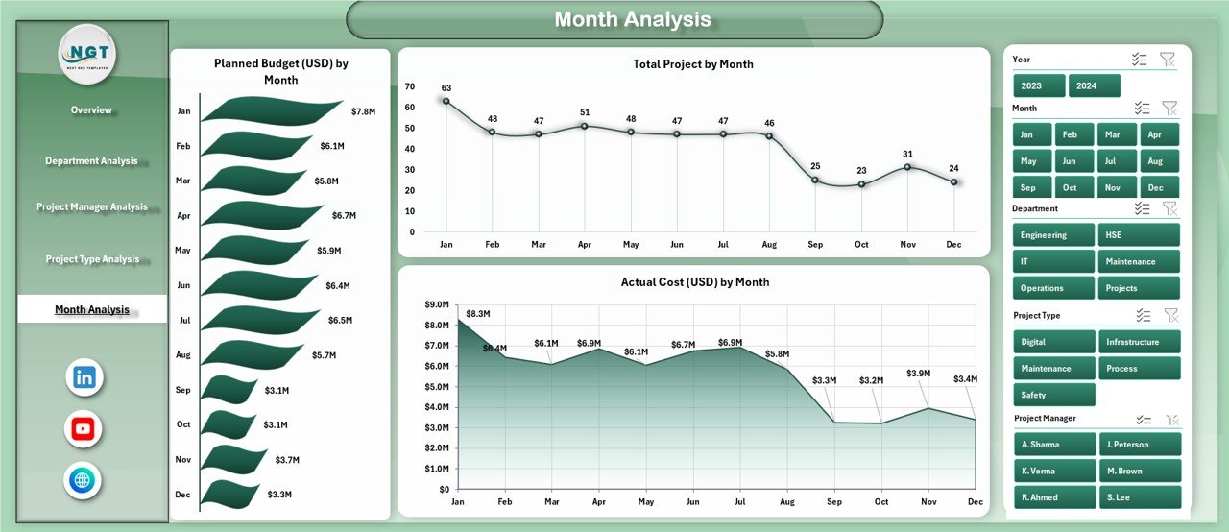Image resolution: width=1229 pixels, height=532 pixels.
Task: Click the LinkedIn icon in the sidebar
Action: click(x=84, y=377)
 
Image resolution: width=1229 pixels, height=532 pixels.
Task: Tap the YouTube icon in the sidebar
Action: click(x=84, y=428)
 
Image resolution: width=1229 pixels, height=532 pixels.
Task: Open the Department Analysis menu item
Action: click(x=91, y=161)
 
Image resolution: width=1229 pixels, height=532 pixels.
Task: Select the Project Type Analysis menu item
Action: click(x=92, y=259)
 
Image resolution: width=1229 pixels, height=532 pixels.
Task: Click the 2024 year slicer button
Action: click(x=1094, y=85)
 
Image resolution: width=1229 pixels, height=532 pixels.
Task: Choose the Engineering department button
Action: click(x=1053, y=235)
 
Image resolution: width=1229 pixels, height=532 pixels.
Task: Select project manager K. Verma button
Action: click(x=1053, y=471)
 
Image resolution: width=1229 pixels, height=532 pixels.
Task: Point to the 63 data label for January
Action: click(x=446, y=88)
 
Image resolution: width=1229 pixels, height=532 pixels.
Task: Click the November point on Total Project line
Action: click(x=907, y=167)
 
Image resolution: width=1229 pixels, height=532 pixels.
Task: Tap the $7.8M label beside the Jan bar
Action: click(x=363, y=111)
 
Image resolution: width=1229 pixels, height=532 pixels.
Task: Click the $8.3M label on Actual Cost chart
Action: click(x=477, y=313)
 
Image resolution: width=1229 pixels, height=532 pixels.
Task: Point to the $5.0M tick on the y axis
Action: click(x=436, y=386)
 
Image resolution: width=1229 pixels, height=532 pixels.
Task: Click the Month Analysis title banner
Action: click(x=614, y=20)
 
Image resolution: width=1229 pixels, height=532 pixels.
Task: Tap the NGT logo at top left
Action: click(x=88, y=55)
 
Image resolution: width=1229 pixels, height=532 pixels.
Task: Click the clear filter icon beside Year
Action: click(x=1168, y=60)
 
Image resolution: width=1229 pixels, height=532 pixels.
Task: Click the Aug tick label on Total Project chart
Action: click(x=769, y=245)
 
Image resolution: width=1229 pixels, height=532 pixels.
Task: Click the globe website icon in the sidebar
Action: click(x=84, y=480)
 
